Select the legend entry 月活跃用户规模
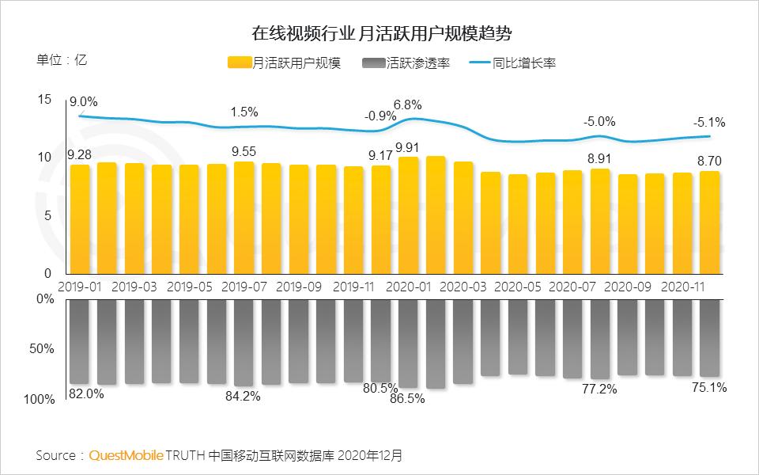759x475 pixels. coord(284,63)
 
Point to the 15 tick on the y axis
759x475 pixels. coord(43,100)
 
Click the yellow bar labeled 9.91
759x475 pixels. coord(409,215)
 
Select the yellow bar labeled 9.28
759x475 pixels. coord(80,218)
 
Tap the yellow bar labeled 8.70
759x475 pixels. coord(709,222)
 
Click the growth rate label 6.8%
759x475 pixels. coord(407,105)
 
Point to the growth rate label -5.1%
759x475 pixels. coord(709,123)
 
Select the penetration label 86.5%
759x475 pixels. coord(407,399)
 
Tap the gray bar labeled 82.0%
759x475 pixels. coord(80,341)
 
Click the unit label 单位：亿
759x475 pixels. coord(62,60)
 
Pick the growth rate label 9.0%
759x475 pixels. coord(83,101)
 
